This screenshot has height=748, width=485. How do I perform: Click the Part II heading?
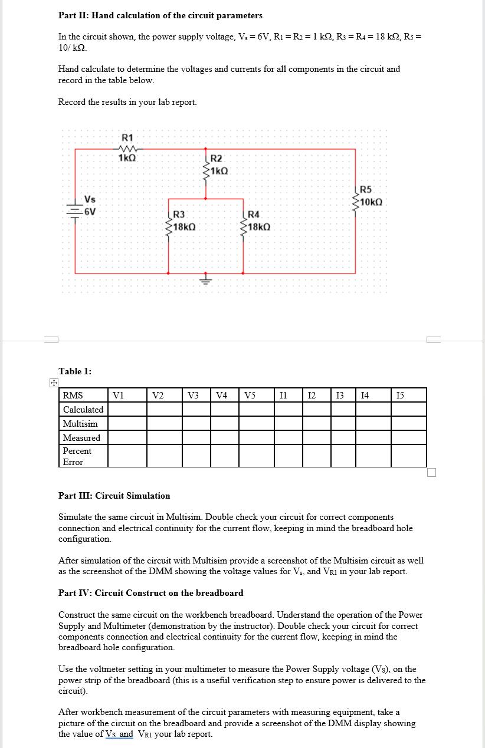point(160,15)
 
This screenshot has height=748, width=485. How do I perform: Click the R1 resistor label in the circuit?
point(127,137)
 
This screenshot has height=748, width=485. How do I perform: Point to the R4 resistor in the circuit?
point(244,221)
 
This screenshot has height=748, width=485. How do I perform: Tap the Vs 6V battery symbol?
point(75,210)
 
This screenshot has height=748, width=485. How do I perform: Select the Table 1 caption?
point(75,371)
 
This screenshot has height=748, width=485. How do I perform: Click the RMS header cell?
point(73,395)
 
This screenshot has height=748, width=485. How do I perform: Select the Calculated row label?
point(83,409)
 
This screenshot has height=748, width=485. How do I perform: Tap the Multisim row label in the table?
point(80,424)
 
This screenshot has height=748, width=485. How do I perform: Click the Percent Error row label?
point(77,456)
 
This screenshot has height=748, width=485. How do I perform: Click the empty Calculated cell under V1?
point(127,409)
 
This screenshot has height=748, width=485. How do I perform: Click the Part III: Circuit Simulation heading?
point(114,496)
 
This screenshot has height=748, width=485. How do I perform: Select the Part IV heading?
point(150,593)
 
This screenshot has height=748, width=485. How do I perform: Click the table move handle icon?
point(53,383)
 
